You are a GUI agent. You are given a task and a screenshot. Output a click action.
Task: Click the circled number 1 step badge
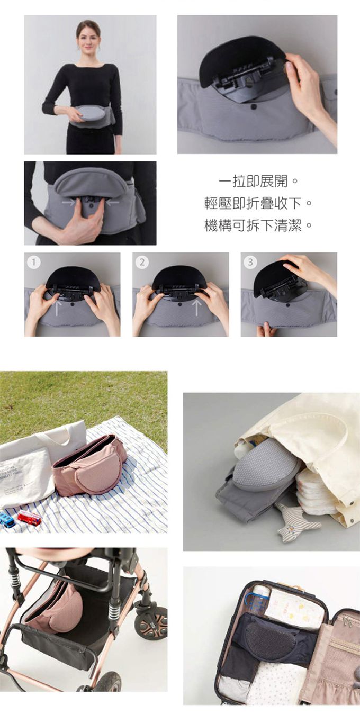[34, 262]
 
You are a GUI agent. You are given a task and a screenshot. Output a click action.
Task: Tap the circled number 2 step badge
[142, 262]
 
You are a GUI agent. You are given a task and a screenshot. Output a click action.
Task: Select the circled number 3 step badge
[250, 262]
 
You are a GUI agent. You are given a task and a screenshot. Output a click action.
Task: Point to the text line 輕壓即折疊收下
[258, 204]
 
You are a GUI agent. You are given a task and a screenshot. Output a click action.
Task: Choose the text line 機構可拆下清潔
[258, 226]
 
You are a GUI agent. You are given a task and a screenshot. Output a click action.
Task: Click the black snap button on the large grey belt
[254, 106]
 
